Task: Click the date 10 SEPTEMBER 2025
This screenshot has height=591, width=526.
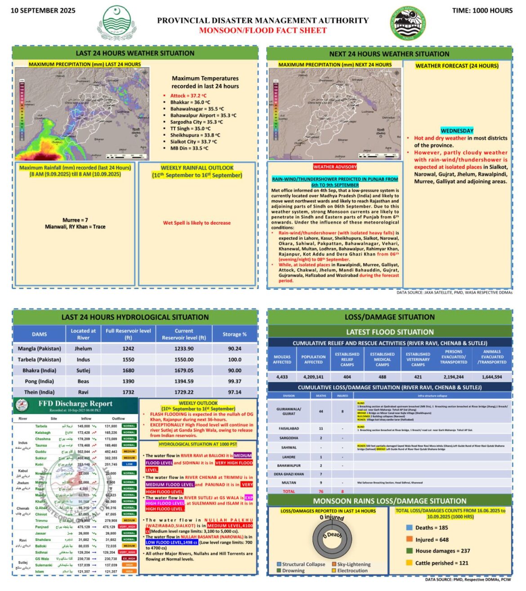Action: [43, 10]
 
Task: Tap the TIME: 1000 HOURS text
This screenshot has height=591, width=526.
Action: [482, 10]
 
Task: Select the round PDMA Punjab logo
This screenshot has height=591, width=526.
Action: [408, 23]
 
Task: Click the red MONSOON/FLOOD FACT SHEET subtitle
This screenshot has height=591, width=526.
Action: [263, 31]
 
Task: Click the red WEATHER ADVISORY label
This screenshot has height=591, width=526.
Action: [335, 167]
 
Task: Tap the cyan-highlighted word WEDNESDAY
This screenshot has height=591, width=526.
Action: [457, 131]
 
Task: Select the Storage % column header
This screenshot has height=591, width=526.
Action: [235, 334]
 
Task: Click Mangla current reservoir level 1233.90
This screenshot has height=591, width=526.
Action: [184, 348]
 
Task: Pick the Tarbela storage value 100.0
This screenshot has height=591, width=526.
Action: [235, 360]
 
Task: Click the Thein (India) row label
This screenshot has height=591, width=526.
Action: [40, 392]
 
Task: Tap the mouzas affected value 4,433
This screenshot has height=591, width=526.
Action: [282, 377]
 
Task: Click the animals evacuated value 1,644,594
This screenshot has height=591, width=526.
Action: [492, 377]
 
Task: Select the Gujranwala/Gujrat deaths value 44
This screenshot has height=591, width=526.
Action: [321, 411]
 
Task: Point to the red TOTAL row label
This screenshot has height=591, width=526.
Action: [289, 491]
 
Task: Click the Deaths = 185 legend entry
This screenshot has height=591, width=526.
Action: [431, 528]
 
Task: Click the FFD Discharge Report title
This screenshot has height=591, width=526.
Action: [76, 403]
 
